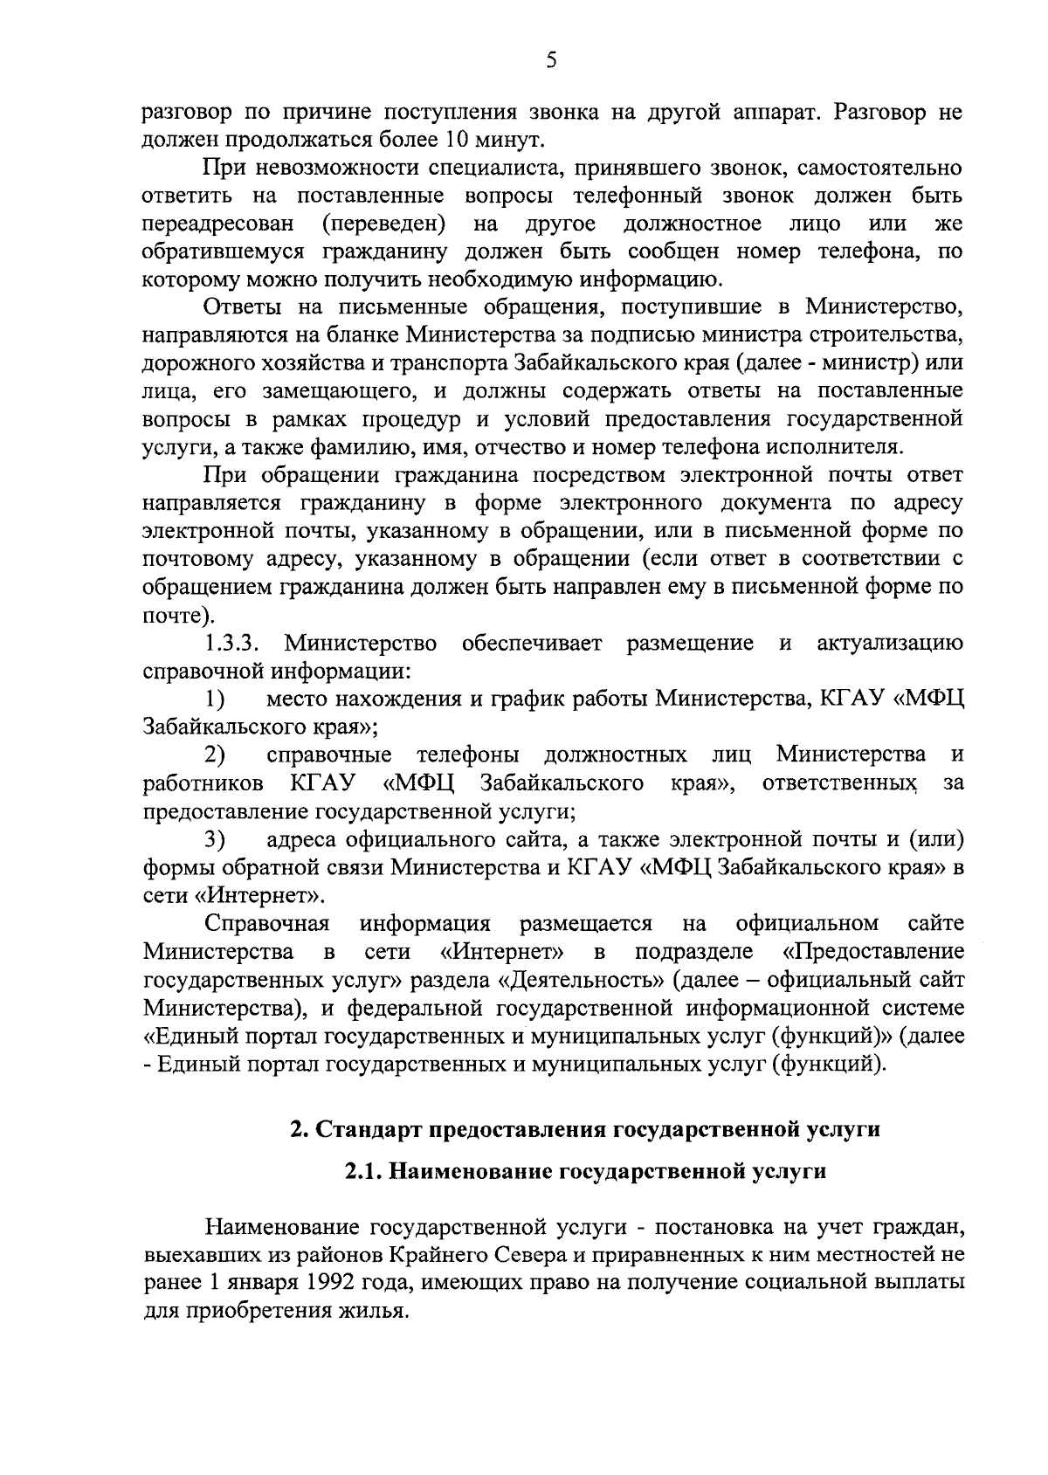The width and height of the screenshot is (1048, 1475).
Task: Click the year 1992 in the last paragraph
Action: pos(333,1284)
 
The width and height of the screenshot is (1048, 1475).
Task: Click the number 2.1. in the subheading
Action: pos(362,1172)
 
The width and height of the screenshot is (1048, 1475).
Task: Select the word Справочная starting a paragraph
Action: pos(266,924)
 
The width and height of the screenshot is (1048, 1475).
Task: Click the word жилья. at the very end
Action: pos(378,1312)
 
